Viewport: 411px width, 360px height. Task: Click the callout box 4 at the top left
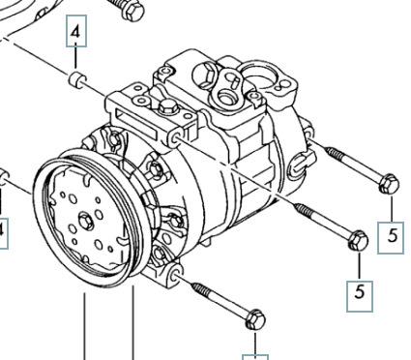[76, 31]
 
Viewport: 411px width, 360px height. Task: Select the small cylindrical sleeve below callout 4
[77, 80]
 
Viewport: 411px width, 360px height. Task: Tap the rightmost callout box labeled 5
[391, 238]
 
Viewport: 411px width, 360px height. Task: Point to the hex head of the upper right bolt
[389, 184]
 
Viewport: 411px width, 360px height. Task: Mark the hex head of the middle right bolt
[358, 241]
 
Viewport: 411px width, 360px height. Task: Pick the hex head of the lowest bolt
[255, 319]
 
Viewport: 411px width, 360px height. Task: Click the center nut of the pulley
[86, 222]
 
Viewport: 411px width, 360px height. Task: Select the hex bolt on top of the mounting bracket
[167, 106]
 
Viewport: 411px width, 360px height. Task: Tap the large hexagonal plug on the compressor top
[205, 75]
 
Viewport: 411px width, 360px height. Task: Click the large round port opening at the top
[259, 76]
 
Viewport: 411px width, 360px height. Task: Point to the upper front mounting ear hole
[174, 139]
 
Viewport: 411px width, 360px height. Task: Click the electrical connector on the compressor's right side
[302, 163]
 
